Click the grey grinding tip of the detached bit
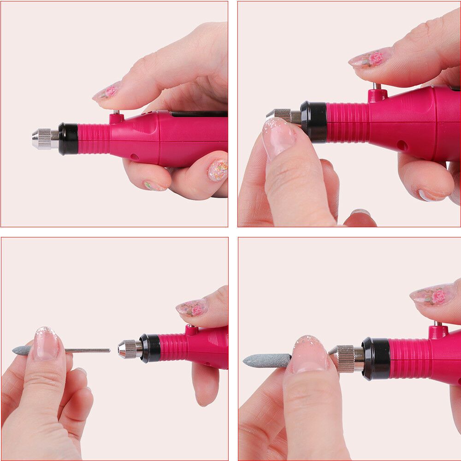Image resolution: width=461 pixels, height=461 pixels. [x=22, y=351]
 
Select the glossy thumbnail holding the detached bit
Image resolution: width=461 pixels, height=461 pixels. [x=47, y=343]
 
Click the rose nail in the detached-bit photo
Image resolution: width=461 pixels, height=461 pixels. [x=193, y=307]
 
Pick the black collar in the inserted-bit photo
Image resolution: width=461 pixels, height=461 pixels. [x=375, y=358]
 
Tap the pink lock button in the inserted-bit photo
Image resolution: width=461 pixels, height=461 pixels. [x=438, y=331]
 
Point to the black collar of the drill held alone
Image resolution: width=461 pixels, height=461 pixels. [x=68, y=138]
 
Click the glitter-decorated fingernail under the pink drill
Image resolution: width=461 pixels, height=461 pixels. [x=218, y=170]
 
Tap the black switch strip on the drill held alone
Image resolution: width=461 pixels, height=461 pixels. [x=198, y=113]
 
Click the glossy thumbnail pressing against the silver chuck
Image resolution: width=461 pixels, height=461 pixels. [x=278, y=137]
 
